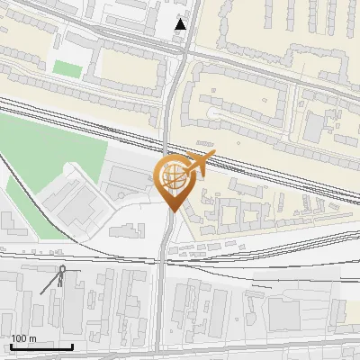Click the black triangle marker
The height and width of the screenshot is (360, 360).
pos(181,24)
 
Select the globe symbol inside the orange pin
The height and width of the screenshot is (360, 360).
pos(171,177)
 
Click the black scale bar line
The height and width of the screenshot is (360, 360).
pos(41,346)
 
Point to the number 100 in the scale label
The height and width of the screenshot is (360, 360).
pos(19,338)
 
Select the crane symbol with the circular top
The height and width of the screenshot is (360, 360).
pos(60,273)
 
